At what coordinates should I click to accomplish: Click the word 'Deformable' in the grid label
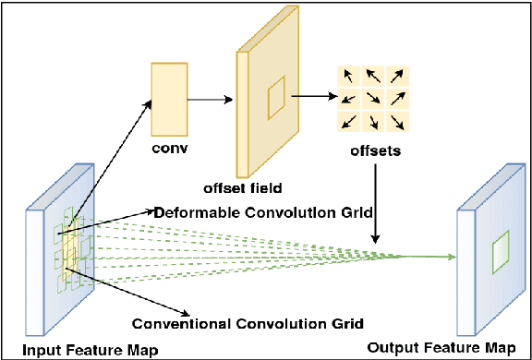(197, 211)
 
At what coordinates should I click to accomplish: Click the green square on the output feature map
(500, 251)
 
